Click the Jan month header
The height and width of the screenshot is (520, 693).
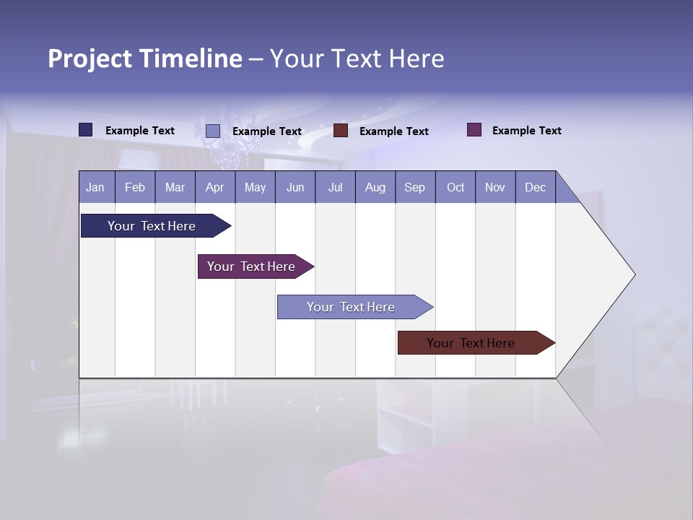click(x=96, y=187)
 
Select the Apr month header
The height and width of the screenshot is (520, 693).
click(x=215, y=187)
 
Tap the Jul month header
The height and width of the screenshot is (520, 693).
click(x=336, y=187)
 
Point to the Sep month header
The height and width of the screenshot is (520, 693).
click(x=415, y=187)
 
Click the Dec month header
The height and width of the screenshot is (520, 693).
click(x=536, y=187)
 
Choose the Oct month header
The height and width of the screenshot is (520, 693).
click(x=456, y=187)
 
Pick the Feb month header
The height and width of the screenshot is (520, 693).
click(x=135, y=187)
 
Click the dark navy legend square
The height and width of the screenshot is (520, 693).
click(x=86, y=130)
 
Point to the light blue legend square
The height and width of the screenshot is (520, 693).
click(x=212, y=131)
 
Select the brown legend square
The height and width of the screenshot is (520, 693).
click(x=341, y=131)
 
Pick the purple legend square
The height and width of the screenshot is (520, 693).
click(x=474, y=130)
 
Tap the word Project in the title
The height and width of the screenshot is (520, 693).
click(x=90, y=58)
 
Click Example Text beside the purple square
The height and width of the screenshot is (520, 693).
click(x=526, y=131)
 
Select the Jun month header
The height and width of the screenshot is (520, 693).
click(x=295, y=187)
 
